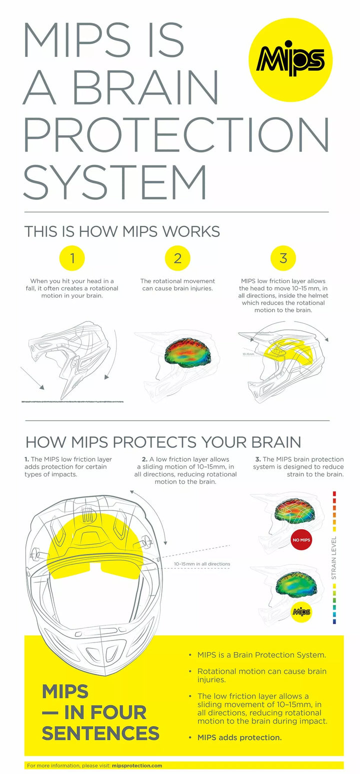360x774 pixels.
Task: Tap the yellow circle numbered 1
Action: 72,258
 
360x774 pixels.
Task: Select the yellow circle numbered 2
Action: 177,258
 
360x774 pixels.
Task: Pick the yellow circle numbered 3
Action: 283,258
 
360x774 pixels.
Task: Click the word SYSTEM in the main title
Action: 115,182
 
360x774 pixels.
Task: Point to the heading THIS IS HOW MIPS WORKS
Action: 122,231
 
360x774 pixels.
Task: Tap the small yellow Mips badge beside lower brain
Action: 301,611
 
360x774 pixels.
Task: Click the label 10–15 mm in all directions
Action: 202,564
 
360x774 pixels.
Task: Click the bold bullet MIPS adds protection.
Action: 239,737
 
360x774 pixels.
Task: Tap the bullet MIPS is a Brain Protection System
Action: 261,654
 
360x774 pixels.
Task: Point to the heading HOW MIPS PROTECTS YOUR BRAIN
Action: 163,442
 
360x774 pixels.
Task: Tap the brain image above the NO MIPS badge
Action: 298,510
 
